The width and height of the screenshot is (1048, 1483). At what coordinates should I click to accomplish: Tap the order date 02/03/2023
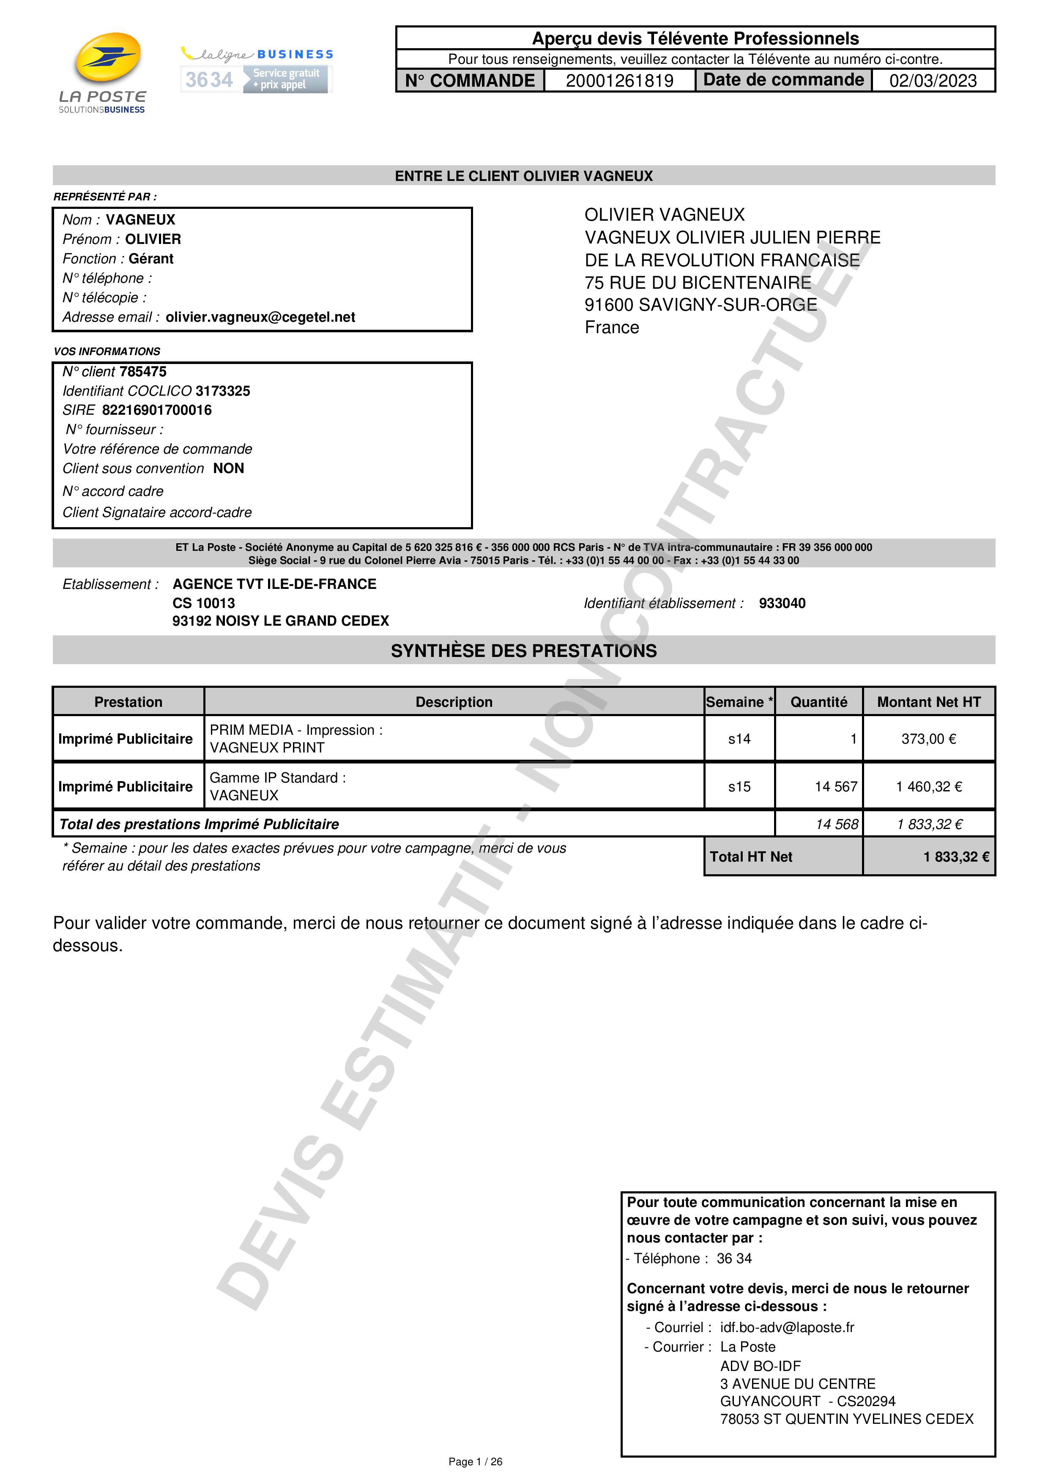[933, 81]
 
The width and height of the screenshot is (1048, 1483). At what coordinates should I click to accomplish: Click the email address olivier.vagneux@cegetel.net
[260, 317]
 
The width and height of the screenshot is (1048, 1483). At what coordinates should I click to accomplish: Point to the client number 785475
[143, 372]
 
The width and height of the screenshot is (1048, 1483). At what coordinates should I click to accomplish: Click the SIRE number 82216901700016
[157, 410]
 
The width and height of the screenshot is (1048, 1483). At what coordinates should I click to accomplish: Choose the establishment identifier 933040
[782, 603]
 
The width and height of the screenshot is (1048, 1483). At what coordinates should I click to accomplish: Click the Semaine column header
[739, 702]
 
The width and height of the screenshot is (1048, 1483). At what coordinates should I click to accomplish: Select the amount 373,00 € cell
[928, 739]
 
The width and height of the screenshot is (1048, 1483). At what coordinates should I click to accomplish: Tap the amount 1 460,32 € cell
[928, 787]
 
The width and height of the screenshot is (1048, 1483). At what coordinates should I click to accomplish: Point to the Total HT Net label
[750, 857]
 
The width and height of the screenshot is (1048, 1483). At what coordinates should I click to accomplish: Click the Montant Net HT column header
[928, 702]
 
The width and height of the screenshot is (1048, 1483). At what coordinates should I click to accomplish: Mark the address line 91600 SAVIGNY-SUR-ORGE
[700, 305]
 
